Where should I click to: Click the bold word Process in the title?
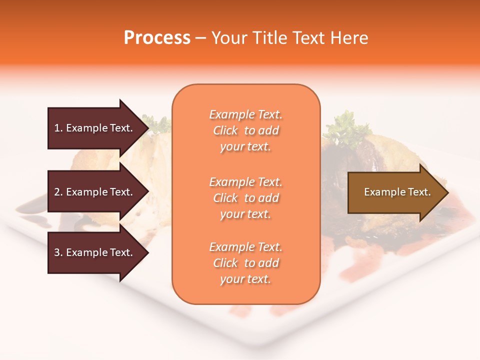157,38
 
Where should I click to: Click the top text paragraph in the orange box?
245,130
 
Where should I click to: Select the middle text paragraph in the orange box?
245,198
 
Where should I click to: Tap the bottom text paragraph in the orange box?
245,263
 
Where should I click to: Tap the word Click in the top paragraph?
225,130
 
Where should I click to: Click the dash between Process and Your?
201,38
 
